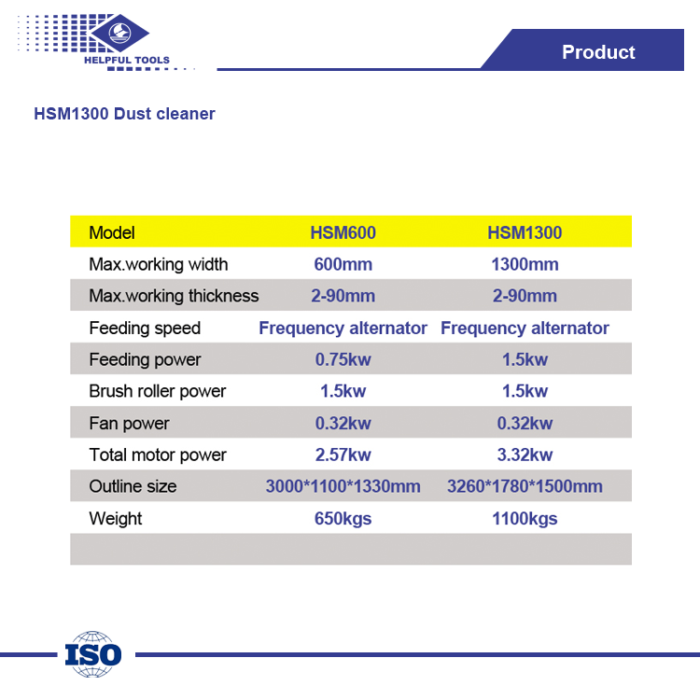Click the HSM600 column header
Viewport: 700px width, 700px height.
click(343, 232)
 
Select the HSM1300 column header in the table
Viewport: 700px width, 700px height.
click(525, 232)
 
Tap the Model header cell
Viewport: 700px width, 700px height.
click(112, 232)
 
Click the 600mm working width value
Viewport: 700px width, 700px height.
click(343, 264)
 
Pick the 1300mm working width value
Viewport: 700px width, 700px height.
click(525, 264)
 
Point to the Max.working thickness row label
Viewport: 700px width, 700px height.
click(174, 296)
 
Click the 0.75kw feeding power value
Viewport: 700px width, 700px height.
click(343, 359)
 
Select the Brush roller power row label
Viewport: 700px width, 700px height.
click(157, 391)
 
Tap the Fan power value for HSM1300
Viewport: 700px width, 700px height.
click(525, 423)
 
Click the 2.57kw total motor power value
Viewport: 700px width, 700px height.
click(343, 455)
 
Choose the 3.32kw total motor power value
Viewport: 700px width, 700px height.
click(525, 455)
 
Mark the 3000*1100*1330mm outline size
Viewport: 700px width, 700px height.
click(343, 486)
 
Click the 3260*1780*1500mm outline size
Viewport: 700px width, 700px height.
click(525, 486)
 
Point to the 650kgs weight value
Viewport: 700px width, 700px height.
click(343, 519)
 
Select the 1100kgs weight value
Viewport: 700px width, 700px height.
click(525, 519)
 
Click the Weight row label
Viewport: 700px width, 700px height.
click(115, 519)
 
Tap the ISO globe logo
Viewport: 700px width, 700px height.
click(92, 654)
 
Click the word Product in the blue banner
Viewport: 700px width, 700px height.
click(598, 51)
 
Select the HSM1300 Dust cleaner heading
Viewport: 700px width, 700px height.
click(124, 114)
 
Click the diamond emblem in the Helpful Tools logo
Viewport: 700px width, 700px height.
click(119, 33)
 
